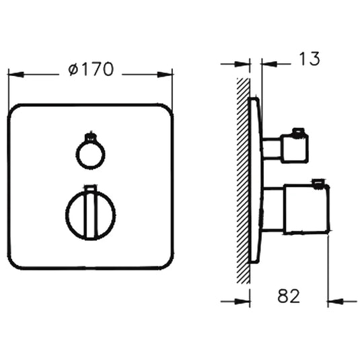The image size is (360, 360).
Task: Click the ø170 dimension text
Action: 90,69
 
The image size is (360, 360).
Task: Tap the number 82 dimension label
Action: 287,295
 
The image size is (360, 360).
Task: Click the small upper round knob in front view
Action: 89,154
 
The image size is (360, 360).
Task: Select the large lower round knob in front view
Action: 90,214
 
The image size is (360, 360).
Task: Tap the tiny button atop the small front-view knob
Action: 89,137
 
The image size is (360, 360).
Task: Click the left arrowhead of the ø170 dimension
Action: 13,71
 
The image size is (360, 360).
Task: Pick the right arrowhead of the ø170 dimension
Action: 168,71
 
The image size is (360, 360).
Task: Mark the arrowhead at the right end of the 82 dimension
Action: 332,301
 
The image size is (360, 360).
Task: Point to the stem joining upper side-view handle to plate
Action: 271,148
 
